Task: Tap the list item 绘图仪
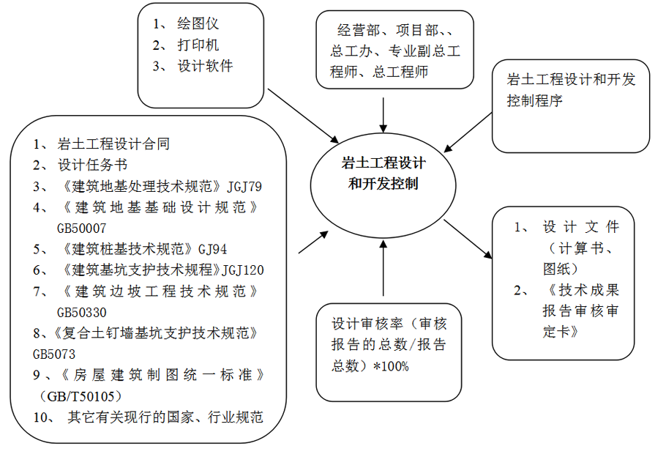pos(198,23)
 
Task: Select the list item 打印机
pos(198,45)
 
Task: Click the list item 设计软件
pos(205,66)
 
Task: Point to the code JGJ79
pos(244,185)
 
